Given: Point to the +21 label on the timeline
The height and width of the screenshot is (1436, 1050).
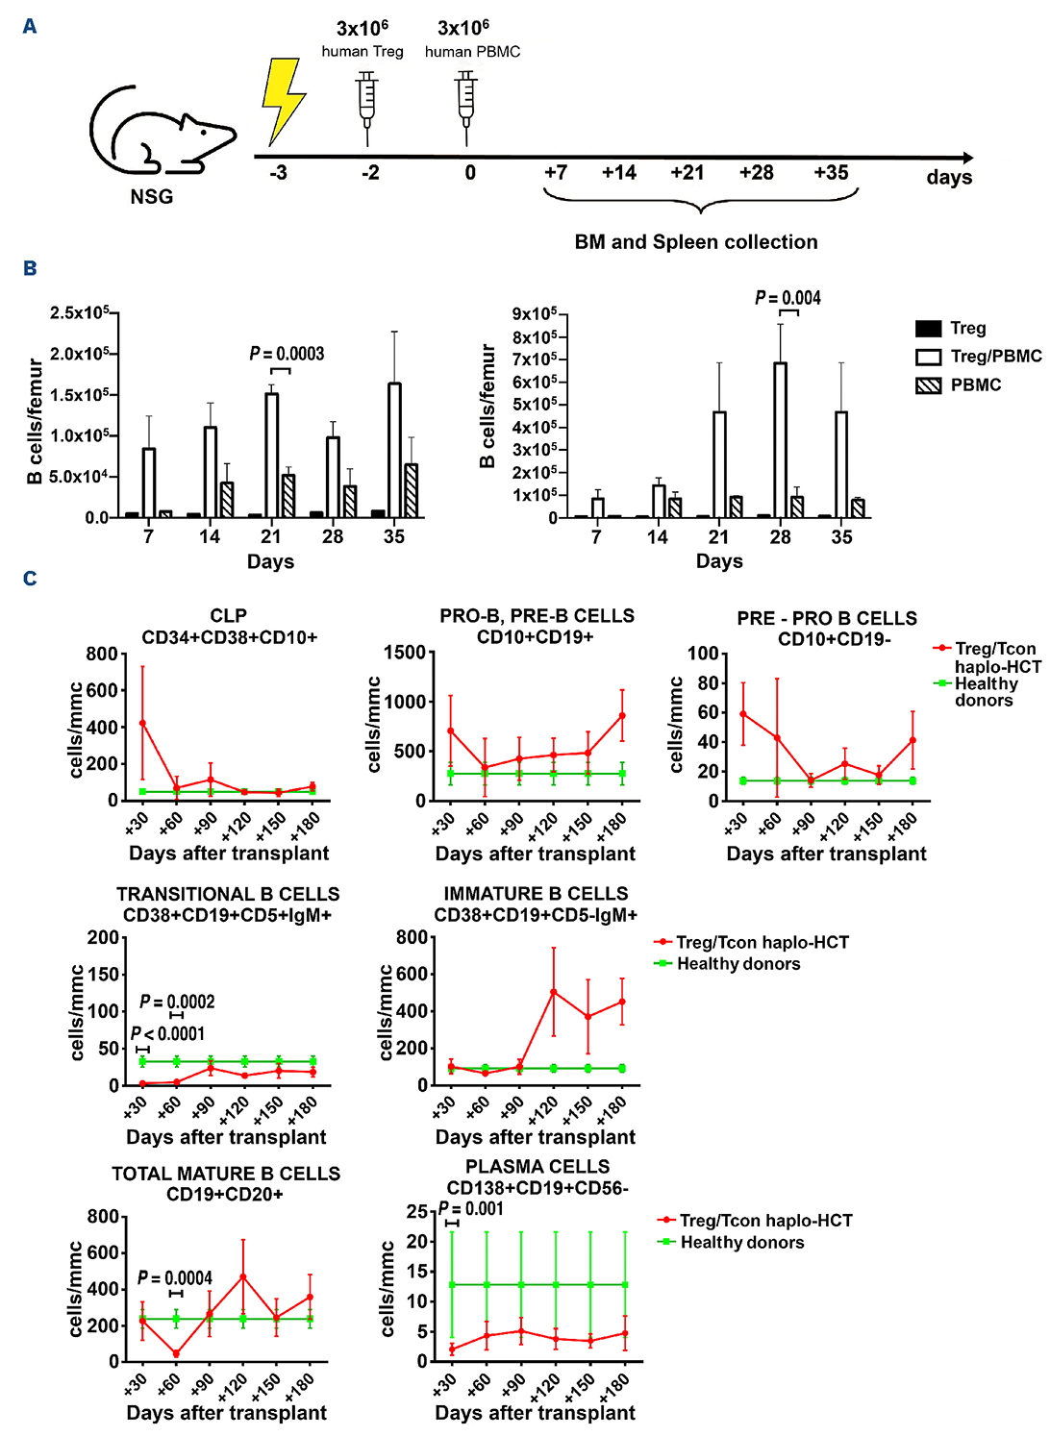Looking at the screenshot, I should [687, 173].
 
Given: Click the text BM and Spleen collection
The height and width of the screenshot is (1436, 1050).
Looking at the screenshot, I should [696, 242].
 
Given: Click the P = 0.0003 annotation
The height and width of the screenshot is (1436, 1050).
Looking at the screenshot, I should [287, 354].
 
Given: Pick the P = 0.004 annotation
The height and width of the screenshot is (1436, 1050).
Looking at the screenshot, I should [788, 298].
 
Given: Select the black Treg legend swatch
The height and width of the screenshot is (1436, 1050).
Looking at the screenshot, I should [928, 329].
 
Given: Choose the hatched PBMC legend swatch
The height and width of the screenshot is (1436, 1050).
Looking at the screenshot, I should [928, 385].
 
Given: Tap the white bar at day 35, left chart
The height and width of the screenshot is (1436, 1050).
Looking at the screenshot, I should [394, 450].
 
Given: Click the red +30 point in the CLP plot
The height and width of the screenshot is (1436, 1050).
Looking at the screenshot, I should [142, 723].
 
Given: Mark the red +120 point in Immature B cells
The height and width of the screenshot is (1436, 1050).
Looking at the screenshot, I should [553, 992].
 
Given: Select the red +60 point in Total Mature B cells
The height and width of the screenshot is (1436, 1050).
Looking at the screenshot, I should [176, 1353].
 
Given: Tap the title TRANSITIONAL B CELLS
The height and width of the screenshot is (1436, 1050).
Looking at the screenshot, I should [228, 894].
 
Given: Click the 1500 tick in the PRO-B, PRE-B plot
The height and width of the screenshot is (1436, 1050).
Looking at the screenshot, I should [405, 653].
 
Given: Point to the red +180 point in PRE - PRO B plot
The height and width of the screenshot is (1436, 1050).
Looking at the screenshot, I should [912, 740].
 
